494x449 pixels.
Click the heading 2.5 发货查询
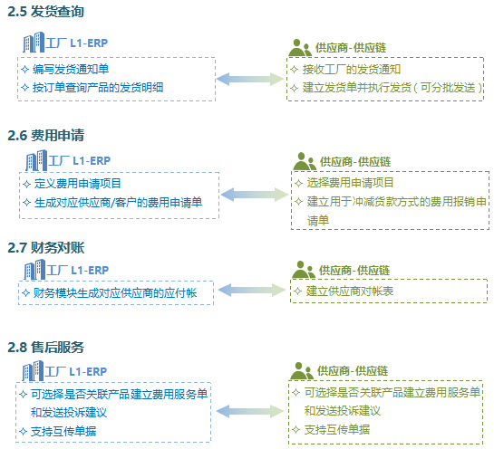pos(45,12)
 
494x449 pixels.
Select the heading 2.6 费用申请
pos(45,135)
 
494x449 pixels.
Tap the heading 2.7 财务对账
pos(46,248)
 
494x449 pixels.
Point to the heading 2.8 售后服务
pos(45,348)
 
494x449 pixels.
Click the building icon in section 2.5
pos(34,43)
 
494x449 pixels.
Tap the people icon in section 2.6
pos(305,161)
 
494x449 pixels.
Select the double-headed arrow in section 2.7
pos(252,290)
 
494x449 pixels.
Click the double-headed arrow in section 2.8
pos(250,411)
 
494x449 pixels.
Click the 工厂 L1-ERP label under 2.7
pos(78,271)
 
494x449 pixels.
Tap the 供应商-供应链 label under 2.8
pos(353,371)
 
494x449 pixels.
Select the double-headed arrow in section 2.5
pos(250,79)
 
